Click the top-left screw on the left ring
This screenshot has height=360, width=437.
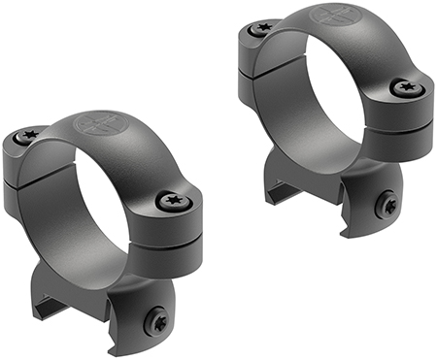[x=27, y=138]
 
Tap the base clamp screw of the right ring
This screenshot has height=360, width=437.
[x=387, y=205]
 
